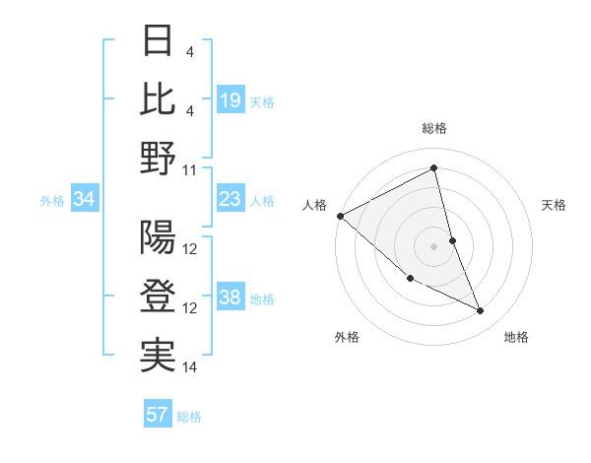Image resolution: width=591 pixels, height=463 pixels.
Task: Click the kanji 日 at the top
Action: coord(159,41)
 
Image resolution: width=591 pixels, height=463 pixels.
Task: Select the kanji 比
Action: coord(159,99)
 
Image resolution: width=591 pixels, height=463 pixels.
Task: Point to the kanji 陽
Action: coord(159,237)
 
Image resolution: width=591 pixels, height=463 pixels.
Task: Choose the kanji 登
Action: coord(159,297)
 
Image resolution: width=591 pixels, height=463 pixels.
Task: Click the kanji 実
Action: coord(159,356)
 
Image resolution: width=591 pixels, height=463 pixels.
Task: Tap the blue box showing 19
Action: coord(230,99)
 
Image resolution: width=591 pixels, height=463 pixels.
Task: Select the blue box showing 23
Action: coord(230,199)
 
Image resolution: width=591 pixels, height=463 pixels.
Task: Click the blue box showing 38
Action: coord(230,298)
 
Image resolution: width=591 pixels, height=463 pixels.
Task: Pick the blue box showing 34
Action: coord(84,200)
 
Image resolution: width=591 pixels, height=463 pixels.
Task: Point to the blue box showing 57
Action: coord(158,415)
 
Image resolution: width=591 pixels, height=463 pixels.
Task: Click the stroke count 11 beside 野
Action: coord(190,169)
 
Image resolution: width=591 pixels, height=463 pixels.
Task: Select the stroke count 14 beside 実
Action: coord(190,367)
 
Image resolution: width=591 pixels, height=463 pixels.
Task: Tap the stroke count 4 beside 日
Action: coord(190,51)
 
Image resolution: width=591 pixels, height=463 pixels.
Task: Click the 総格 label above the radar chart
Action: coord(434,128)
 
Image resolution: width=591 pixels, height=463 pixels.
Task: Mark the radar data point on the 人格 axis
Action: coord(340,215)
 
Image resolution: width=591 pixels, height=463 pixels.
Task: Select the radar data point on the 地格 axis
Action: coord(480,310)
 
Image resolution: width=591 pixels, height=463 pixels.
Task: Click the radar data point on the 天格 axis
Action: coord(452,239)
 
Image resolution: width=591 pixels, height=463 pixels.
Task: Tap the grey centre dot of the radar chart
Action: coord(433,245)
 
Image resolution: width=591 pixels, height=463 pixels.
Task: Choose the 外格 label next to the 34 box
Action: coord(52,201)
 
